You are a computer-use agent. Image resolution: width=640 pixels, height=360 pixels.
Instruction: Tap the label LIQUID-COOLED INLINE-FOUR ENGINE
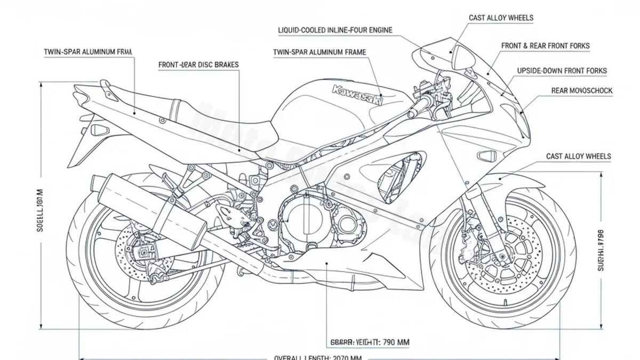point(335,30)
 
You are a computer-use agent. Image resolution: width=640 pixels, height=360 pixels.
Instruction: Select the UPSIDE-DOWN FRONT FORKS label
point(562,70)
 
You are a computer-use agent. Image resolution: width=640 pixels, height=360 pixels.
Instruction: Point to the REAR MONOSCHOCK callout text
point(581,91)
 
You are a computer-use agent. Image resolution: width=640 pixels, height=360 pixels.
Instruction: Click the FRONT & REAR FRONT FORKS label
point(545,46)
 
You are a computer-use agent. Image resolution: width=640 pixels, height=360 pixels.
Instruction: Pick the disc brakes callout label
point(198,65)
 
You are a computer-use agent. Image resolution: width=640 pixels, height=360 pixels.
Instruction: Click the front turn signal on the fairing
point(487,155)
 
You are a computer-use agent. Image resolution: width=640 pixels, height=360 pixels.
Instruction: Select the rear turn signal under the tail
point(99,130)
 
